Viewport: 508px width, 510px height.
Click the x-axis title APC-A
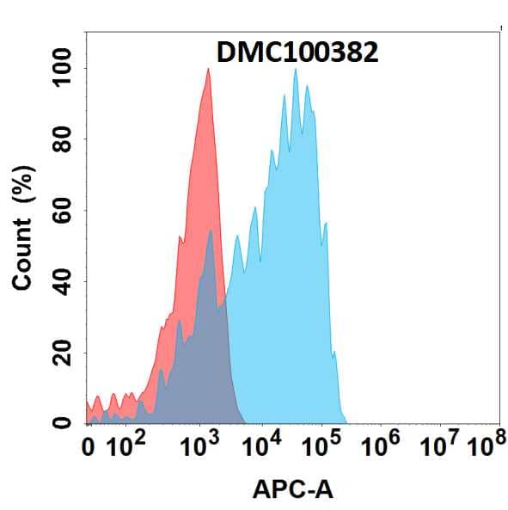[294, 490]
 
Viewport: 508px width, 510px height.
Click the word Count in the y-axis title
[24, 254]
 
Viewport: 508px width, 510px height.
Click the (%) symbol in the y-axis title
[24, 193]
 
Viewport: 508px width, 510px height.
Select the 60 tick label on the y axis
[64, 210]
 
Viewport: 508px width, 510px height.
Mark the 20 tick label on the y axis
[64, 353]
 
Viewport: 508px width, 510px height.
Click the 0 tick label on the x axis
[88, 447]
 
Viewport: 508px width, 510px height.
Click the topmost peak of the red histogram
[207, 71]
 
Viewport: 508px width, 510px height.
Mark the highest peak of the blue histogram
[296, 71]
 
